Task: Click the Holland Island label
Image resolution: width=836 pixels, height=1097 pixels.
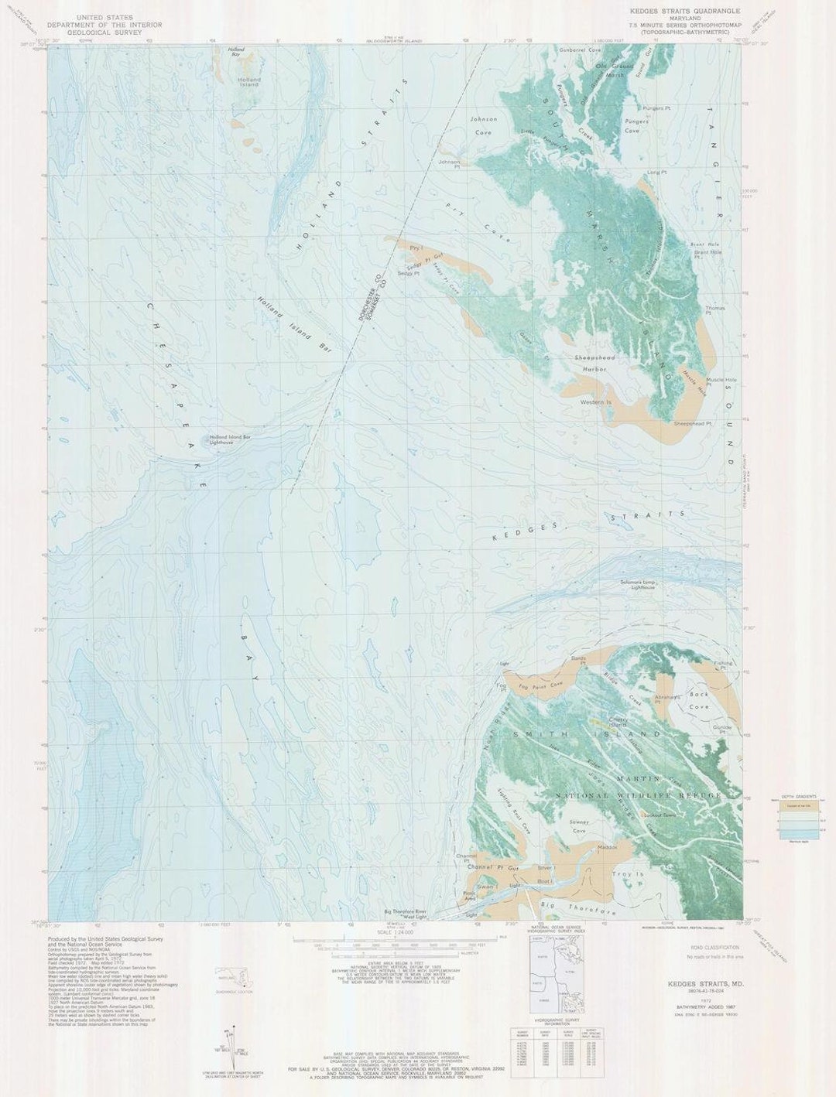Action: tap(249, 81)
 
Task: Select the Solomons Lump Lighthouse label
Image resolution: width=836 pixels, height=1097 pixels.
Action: tap(637, 585)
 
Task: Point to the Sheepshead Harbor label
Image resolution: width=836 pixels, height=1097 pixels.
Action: tap(594, 364)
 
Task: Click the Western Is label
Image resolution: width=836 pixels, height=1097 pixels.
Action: tap(596, 402)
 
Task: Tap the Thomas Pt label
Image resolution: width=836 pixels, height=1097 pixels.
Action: tap(714, 310)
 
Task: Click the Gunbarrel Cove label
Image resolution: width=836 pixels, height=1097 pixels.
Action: tap(581, 50)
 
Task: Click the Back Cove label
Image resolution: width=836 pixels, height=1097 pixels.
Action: tap(699, 700)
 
